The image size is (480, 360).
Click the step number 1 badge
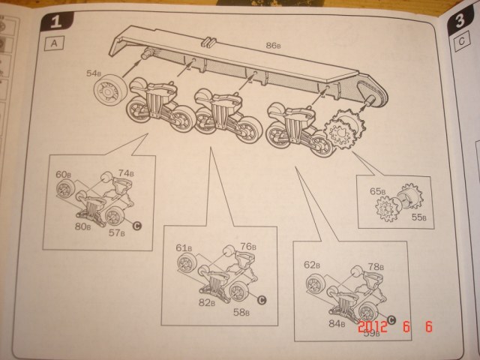[x=59, y=22]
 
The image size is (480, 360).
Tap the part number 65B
[x=378, y=191]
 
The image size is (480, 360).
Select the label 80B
[x=82, y=225]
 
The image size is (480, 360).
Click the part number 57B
[x=116, y=233]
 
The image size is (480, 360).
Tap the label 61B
[x=184, y=248]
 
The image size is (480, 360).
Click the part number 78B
[x=376, y=266]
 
